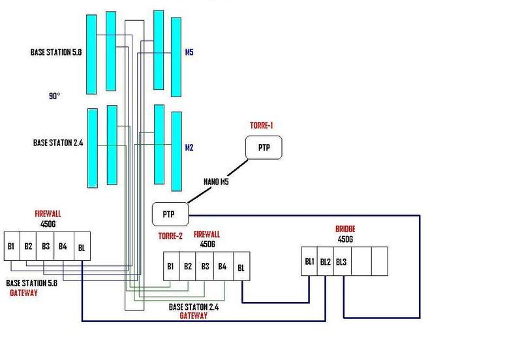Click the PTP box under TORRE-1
[264, 148]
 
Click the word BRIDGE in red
[346, 229]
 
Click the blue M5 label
[189, 53]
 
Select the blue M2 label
[189, 147]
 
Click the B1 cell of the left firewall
[12, 247]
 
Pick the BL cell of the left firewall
[81, 247]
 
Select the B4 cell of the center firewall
[222, 266]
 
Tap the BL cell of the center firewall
[241, 266]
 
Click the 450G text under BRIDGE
[345, 239]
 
